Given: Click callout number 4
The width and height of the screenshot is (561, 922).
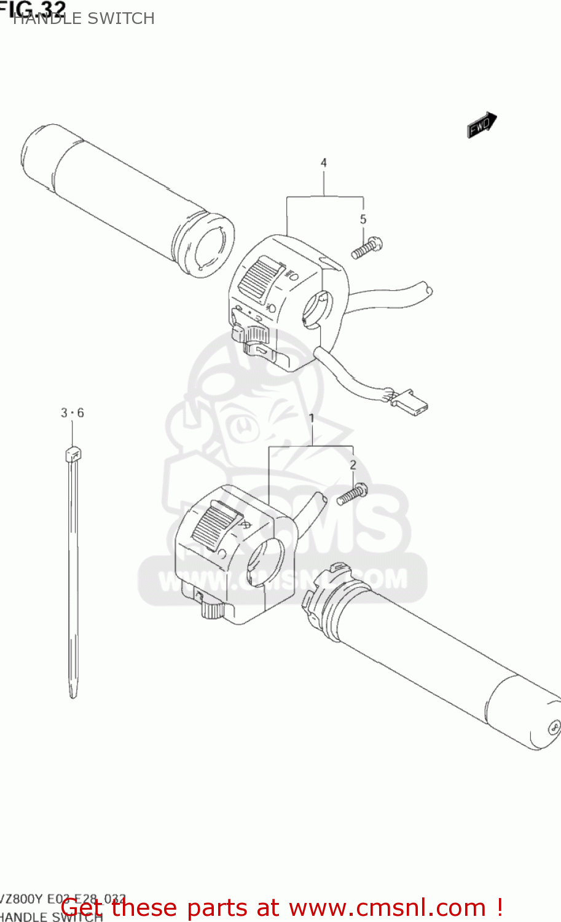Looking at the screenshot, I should pos(323,163).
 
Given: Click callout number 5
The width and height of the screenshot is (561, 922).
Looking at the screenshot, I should pos(363,219).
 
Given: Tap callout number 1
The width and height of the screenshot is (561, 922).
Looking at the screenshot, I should pos(312,419).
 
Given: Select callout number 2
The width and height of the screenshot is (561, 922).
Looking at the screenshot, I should pos(353,465).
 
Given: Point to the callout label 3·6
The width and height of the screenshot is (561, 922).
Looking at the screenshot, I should pos(72,413).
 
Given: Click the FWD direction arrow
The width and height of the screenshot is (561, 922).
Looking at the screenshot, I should pos(481,125).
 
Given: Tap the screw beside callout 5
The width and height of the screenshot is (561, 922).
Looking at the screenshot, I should pos(367,248).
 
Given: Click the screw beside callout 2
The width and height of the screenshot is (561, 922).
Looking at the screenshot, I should pos(352,494).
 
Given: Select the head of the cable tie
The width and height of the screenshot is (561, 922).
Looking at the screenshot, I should pos(73,455).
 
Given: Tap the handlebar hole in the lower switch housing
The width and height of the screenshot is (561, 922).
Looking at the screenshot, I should pos(264,562).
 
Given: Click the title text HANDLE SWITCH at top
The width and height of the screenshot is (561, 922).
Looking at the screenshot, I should pos(84,19).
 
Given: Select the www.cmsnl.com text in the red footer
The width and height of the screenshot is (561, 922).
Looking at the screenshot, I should pos(387,907).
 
